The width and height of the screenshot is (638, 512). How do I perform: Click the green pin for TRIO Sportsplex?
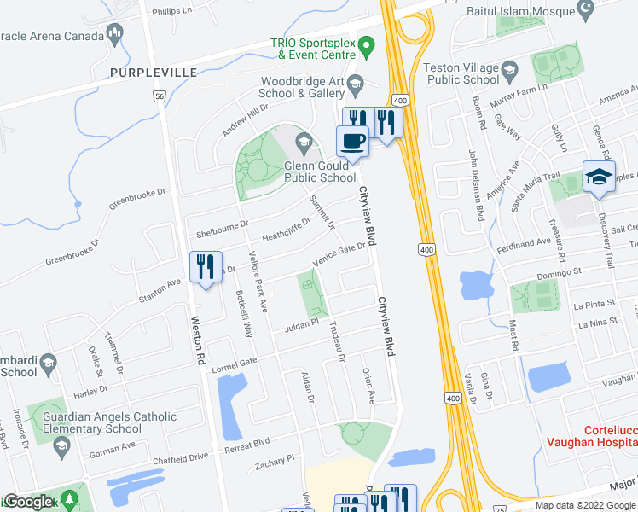366,44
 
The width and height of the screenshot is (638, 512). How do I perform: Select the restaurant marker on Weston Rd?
204,268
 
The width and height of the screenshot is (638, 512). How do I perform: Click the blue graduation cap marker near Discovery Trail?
598,177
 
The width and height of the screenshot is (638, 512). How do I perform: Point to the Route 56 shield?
159,97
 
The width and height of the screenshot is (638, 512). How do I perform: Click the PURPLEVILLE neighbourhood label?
154,72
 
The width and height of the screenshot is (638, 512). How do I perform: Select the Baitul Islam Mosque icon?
585,12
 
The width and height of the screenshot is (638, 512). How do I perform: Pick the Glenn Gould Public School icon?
303,142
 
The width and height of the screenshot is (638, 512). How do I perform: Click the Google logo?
28,502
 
